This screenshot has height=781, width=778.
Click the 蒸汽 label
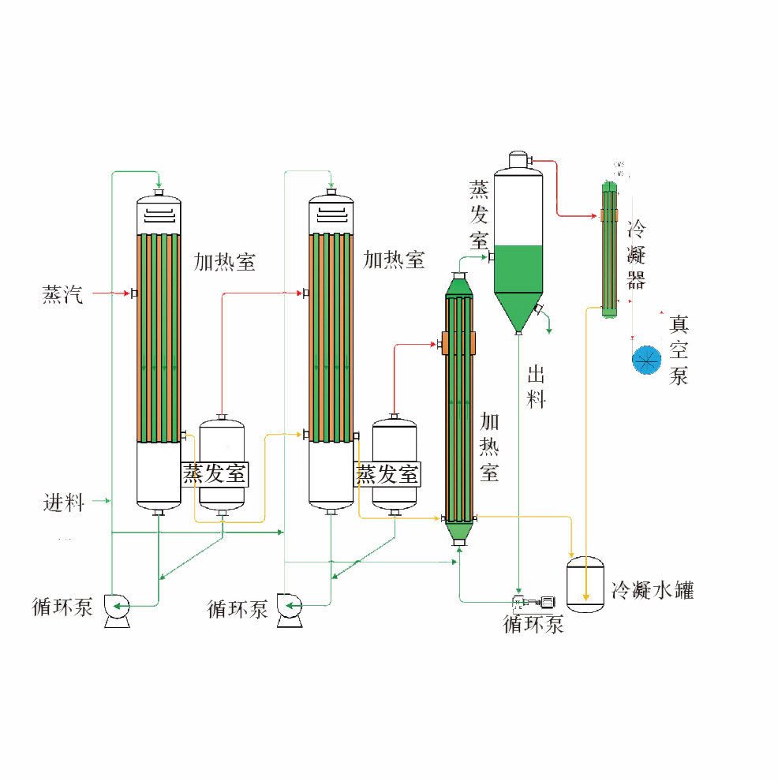click(62, 295)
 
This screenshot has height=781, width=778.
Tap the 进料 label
click(63, 502)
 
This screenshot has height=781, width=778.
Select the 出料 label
click(536, 387)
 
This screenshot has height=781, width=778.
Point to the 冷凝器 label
click(636, 255)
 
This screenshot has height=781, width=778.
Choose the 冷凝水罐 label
click(653, 590)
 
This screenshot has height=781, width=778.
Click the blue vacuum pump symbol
click(646, 360)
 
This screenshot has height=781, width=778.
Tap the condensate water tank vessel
click(585, 585)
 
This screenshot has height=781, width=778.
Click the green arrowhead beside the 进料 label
click(107, 500)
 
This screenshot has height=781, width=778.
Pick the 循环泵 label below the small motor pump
click(533, 625)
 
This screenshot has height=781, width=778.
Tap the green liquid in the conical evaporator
click(518, 269)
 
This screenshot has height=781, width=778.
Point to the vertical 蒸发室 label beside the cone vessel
click(479, 215)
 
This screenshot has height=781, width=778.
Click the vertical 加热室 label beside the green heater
click(489, 447)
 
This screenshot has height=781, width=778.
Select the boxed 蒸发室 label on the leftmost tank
click(215, 474)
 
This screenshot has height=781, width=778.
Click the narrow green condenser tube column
click(609, 248)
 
